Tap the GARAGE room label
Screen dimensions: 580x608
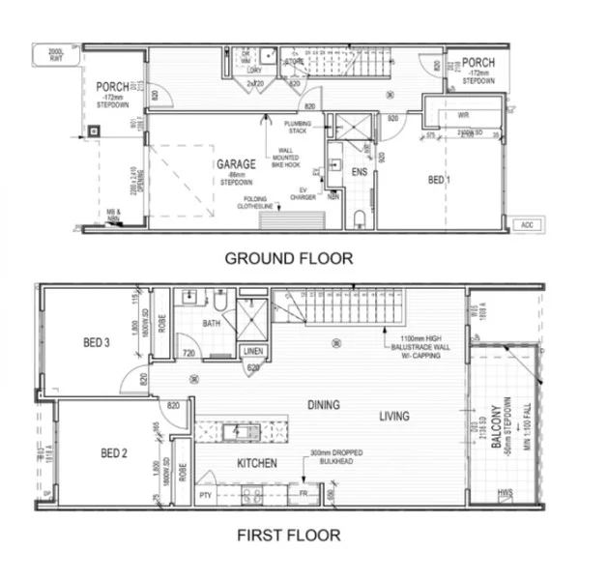236,165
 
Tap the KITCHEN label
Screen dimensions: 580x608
257,464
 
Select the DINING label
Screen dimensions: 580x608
324,405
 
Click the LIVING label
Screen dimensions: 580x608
394,417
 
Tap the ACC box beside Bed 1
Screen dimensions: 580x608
527,225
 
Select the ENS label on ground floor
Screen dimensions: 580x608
360,172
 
